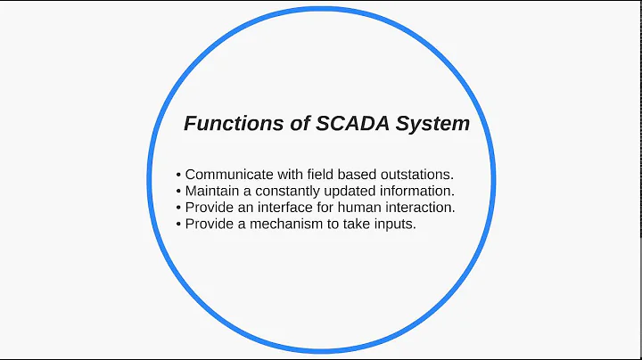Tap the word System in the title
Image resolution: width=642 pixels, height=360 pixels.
(x=435, y=124)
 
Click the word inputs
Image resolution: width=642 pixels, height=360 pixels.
(x=398, y=224)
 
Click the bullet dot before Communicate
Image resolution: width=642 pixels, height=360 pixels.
(x=179, y=176)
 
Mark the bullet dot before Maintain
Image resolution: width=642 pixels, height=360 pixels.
(x=179, y=192)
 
